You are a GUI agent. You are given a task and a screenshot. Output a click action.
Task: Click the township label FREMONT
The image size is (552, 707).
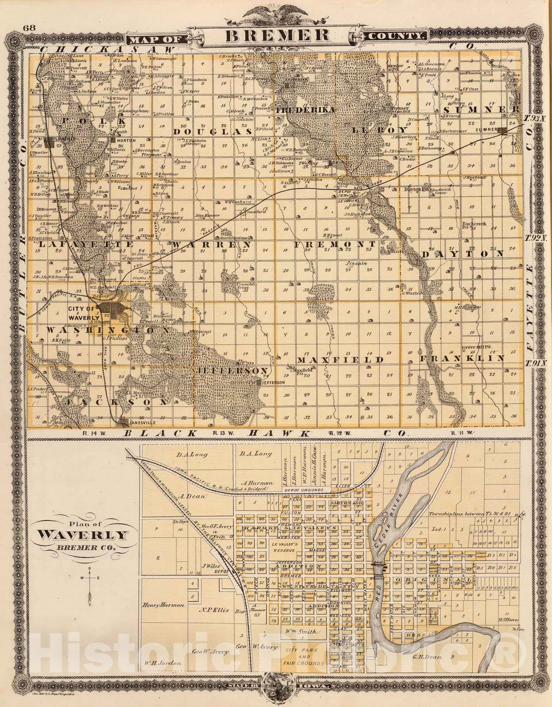coord(335,244)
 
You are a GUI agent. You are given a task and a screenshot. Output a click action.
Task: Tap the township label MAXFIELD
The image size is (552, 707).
coord(340,360)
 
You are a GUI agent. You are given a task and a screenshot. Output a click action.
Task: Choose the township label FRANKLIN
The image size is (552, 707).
coord(461,359)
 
